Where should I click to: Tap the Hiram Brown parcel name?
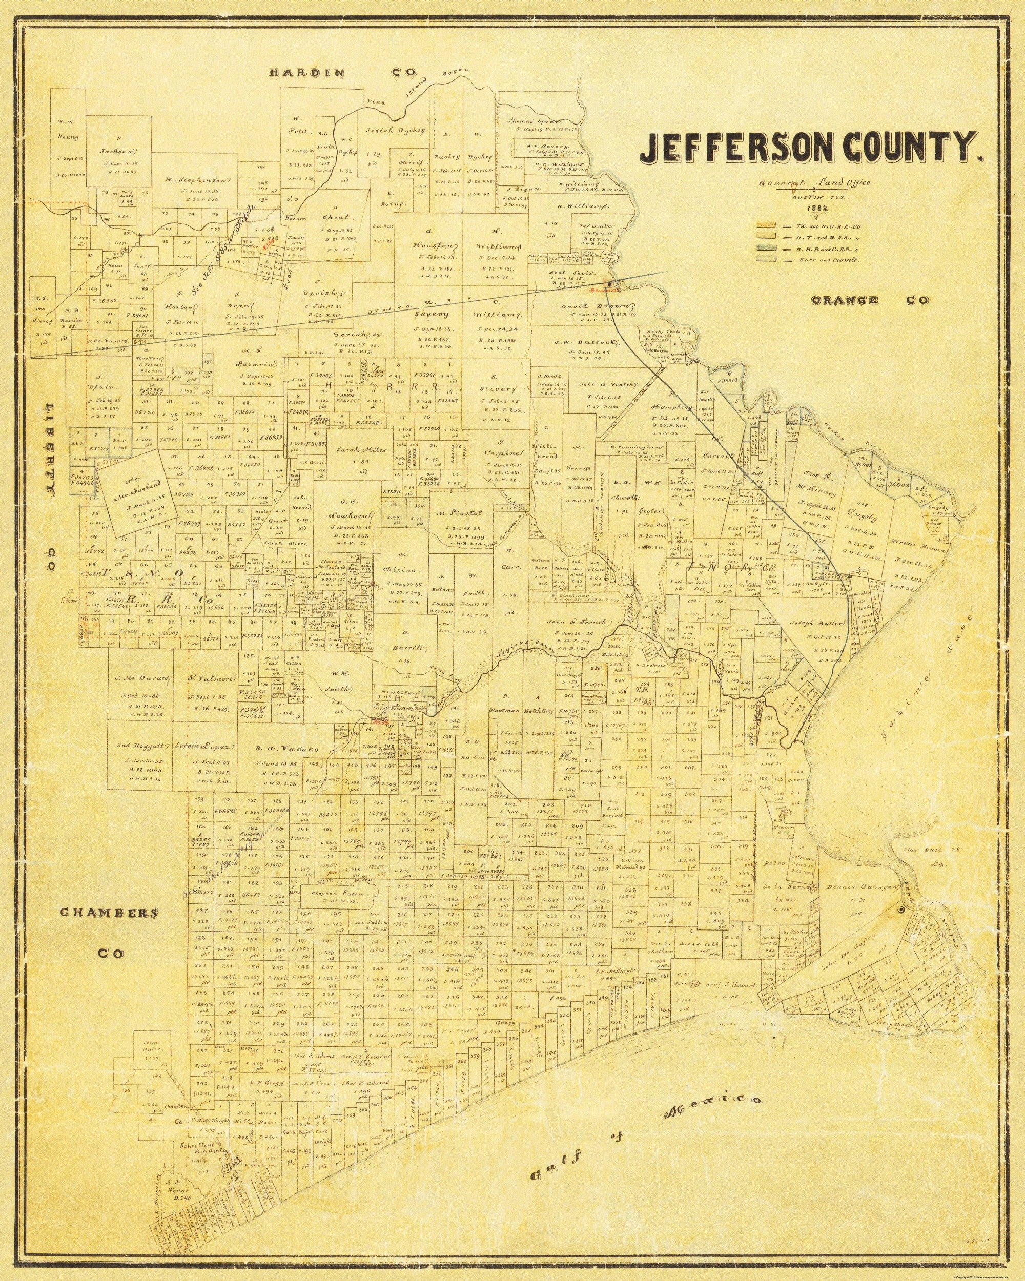[910, 542]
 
